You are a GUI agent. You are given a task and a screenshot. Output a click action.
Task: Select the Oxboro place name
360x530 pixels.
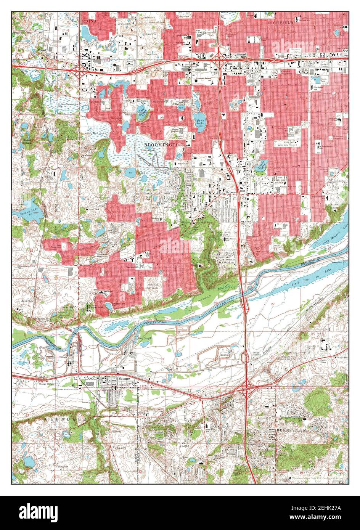click(x=231, y=193)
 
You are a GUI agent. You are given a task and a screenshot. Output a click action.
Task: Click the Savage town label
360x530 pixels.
click(x=124, y=379)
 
